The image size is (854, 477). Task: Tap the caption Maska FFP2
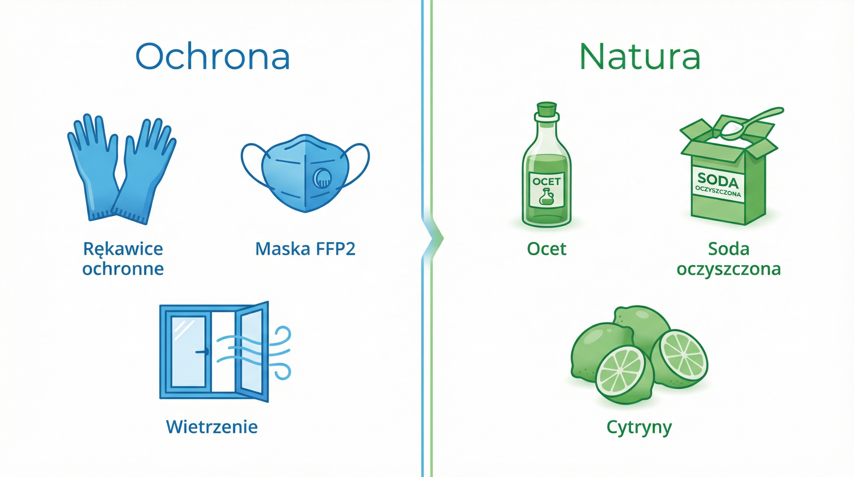pos(305,249)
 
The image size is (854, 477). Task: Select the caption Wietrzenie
pos(212,427)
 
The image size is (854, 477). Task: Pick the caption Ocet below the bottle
pos(547,249)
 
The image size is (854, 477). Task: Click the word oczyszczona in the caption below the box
pos(729,269)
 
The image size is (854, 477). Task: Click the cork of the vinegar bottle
pos(547,112)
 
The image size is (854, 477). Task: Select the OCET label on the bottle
pos(547,190)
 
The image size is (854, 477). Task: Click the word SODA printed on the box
pos(718,181)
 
